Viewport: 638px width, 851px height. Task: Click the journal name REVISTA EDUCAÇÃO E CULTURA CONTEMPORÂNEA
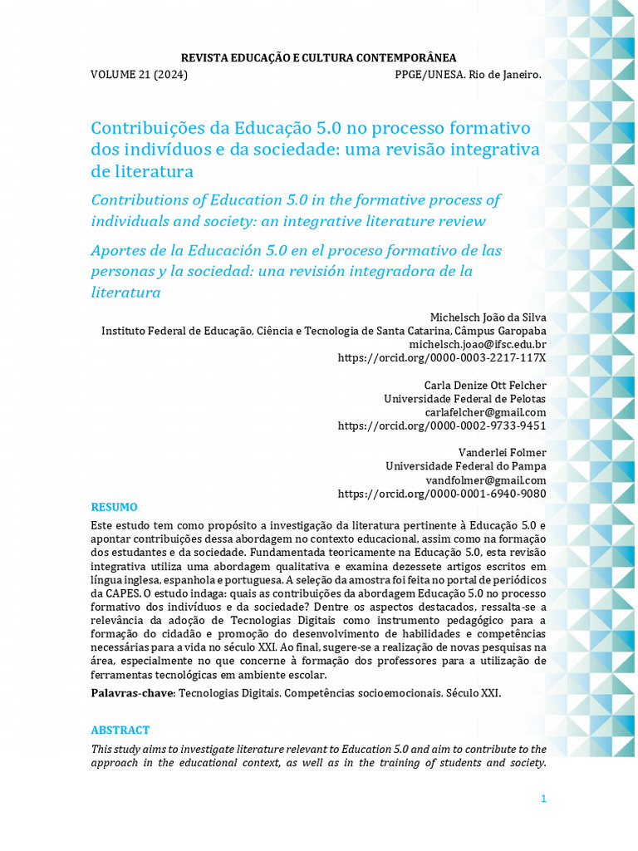319,57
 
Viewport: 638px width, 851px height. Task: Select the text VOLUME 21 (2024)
139,75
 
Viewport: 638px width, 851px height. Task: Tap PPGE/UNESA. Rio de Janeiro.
468,75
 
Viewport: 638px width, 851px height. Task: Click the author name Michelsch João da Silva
488,317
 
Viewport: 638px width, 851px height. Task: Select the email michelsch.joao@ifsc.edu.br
478,344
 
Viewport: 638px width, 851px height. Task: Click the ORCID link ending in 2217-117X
442,357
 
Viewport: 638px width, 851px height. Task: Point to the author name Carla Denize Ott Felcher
485,386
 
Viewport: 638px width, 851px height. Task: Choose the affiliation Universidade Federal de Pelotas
465,399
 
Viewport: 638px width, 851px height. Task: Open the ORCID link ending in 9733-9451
442,425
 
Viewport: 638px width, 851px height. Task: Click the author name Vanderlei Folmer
503,453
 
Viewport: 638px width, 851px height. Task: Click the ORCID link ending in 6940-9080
442,494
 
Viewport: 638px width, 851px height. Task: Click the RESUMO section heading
114,507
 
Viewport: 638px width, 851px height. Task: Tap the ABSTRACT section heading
120,730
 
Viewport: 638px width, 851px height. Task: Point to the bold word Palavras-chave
132,693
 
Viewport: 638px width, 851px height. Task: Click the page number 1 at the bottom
543,799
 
